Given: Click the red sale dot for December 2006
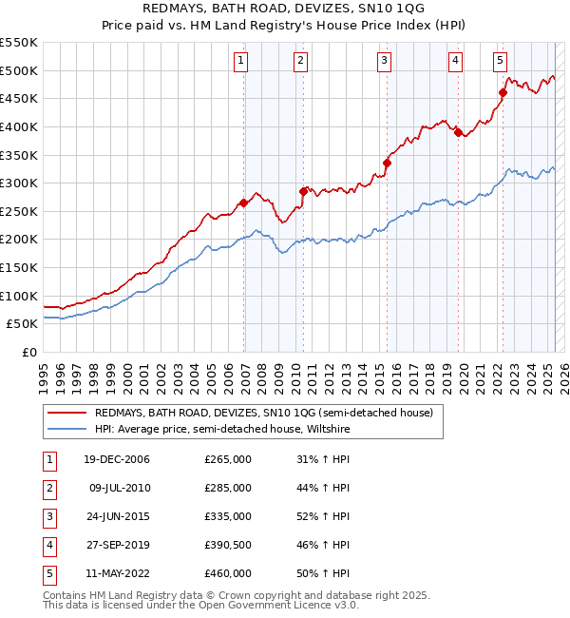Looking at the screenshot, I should [x=244, y=203].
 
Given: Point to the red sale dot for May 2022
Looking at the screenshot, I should [x=503, y=92].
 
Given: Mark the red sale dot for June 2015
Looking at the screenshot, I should [x=387, y=163].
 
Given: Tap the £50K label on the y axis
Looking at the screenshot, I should [x=25, y=323].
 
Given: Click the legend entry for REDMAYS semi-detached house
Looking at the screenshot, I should [x=263, y=413].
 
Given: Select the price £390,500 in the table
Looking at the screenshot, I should [x=228, y=545].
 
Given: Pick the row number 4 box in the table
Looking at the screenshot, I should [x=49, y=545].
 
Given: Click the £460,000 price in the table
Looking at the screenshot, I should [x=228, y=573].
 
